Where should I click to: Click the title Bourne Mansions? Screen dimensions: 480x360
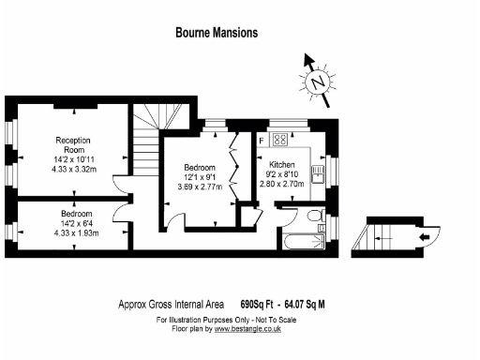coord(217,32)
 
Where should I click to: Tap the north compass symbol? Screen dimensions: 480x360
coord(319,81)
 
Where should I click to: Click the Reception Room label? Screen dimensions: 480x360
coord(71,144)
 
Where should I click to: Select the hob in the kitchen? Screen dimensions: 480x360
coord(279,140)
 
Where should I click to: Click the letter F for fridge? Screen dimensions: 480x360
coord(262,141)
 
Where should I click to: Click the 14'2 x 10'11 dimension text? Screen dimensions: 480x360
coord(71,159)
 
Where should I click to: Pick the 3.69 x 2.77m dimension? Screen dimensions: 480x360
coord(199,187)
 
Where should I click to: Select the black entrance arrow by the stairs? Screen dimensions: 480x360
coord(425,236)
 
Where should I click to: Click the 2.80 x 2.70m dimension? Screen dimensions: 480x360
coord(283,184)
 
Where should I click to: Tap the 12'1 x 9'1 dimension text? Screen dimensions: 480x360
coord(199,177)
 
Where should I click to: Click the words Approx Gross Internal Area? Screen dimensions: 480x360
coord(175,303)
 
